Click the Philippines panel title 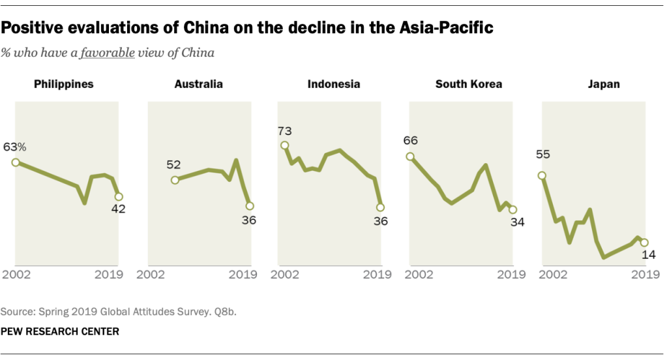[x=64, y=84]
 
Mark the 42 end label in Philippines [x=118, y=209]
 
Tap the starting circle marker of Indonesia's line [x=284, y=145]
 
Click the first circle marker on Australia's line [x=175, y=180]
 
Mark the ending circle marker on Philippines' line [x=118, y=196]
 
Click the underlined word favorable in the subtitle [x=107, y=52]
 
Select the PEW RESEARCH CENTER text [x=60, y=331]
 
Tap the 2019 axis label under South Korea [x=511, y=275]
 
